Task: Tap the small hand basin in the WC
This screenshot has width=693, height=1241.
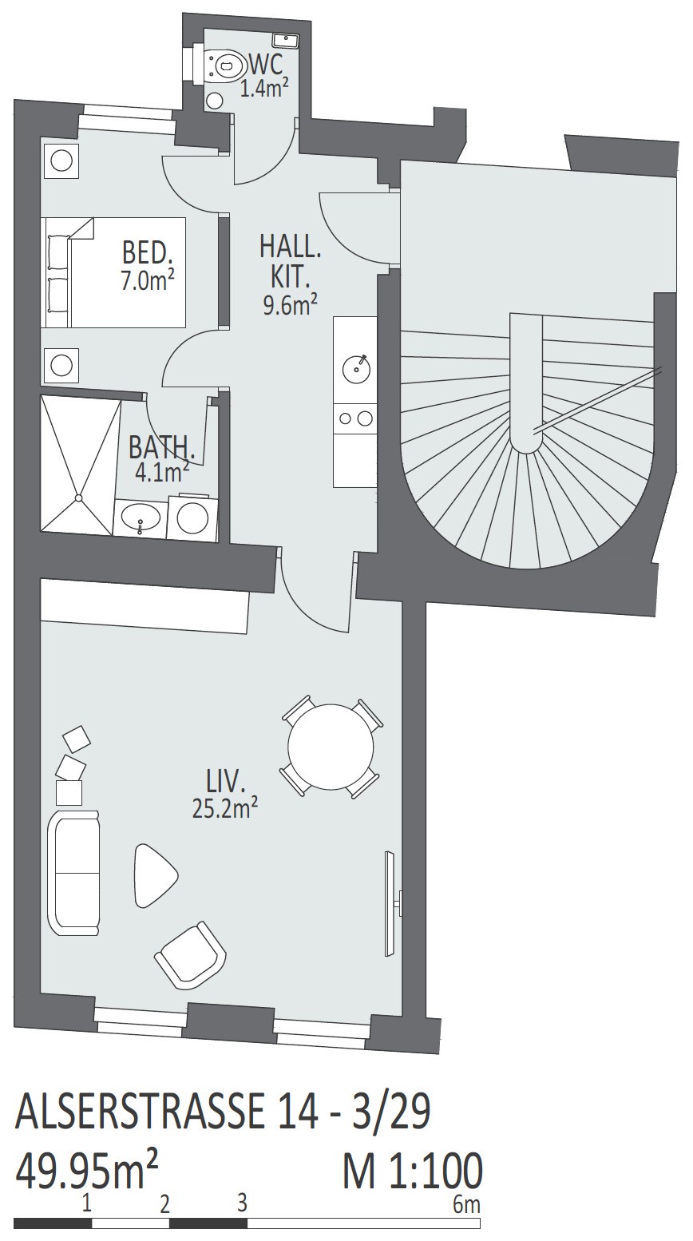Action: [286, 40]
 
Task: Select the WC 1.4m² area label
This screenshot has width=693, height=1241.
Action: [265, 77]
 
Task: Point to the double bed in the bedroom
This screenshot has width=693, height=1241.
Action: [113, 272]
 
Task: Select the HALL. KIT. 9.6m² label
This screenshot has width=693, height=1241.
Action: [291, 275]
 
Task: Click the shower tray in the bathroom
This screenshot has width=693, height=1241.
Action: [81, 464]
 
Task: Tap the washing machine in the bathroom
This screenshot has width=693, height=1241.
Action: [192, 514]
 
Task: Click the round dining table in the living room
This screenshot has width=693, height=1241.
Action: [331, 747]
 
